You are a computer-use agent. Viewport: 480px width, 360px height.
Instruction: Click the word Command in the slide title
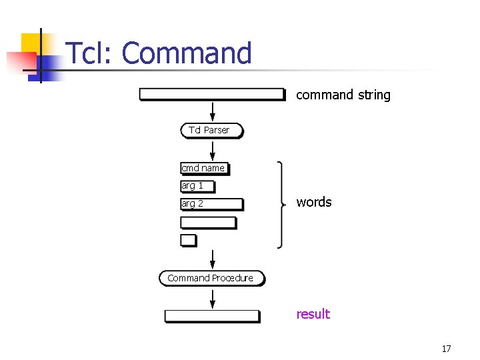pyautogui.click(x=187, y=53)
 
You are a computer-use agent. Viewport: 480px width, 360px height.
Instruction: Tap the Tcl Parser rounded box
pyautogui.click(x=212, y=130)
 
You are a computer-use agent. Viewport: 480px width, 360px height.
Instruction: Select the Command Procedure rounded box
pyautogui.click(x=211, y=278)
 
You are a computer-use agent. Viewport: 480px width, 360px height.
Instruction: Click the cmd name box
pyautogui.click(x=205, y=168)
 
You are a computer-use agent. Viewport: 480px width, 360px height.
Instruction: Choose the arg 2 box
pyautogui.click(x=212, y=204)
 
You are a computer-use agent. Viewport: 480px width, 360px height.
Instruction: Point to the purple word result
pyautogui.click(x=313, y=314)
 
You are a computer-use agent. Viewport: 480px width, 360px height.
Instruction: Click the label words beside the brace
pyautogui.click(x=314, y=202)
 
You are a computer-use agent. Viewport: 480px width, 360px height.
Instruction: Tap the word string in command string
pyautogui.click(x=374, y=95)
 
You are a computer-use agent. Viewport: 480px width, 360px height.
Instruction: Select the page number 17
pyautogui.click(x=446, y=349)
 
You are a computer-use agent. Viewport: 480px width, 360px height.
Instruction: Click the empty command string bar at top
pyautogui.click(x=212, y=94)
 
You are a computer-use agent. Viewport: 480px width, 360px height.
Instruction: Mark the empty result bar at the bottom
pyautogui.click(x=212, y=316)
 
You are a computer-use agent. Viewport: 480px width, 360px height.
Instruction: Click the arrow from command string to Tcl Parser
pyautogui.click(x=213, y=111)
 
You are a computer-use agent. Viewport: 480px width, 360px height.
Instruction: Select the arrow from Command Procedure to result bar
pyautogui.click(x=213, y=298)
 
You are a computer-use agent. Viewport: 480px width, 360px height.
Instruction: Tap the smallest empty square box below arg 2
pyautogui.click(x=189, y=240)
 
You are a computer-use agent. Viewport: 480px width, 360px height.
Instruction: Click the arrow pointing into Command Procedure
pyautogui.click(x=213, y=260)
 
